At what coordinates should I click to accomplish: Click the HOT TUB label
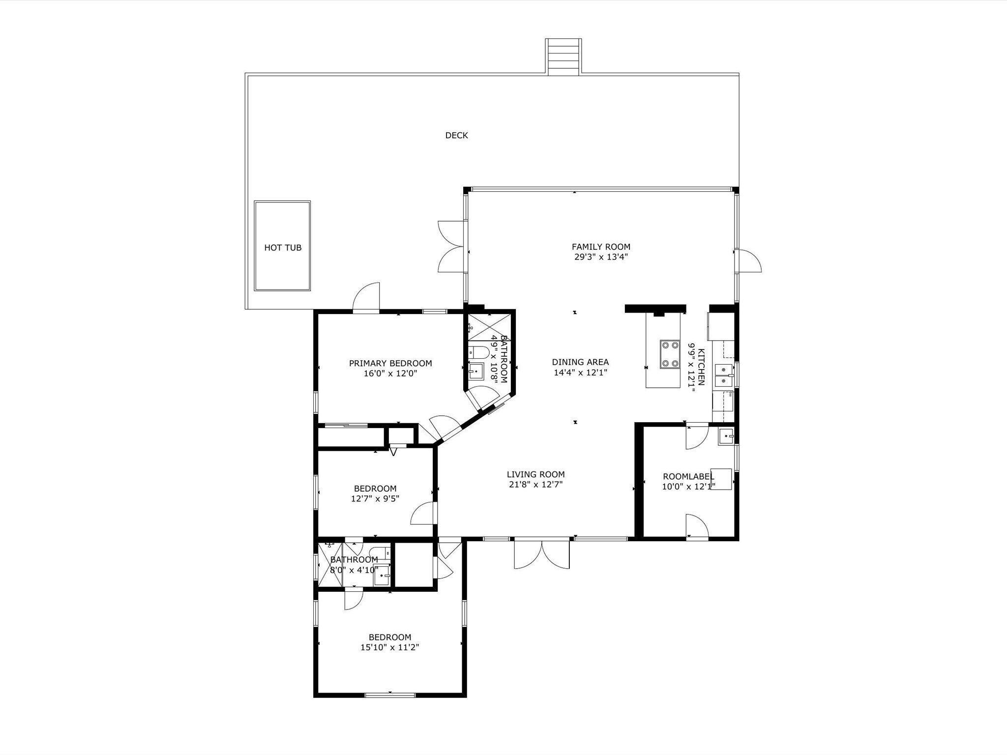[283, 248]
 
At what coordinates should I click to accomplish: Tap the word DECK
[456, 135]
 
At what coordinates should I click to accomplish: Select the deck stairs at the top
[563, 57]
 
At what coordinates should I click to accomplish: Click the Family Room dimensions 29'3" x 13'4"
[600, 257]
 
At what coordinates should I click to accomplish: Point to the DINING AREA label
[580, 362]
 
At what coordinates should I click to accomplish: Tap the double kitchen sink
[724, 376]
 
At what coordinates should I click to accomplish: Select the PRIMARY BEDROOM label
[390, 363]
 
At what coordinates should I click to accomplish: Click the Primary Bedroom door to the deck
[366, 298]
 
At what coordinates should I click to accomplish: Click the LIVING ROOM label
[535, 474]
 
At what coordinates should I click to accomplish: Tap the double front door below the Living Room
[542, 554]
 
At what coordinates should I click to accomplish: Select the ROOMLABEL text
[688, 476]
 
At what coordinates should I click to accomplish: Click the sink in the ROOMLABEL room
[726, 436]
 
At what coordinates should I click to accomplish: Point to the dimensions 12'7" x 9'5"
[375, 498]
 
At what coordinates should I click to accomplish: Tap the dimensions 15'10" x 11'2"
[389, 647]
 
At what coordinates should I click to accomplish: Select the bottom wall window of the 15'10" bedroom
[390, 695]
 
